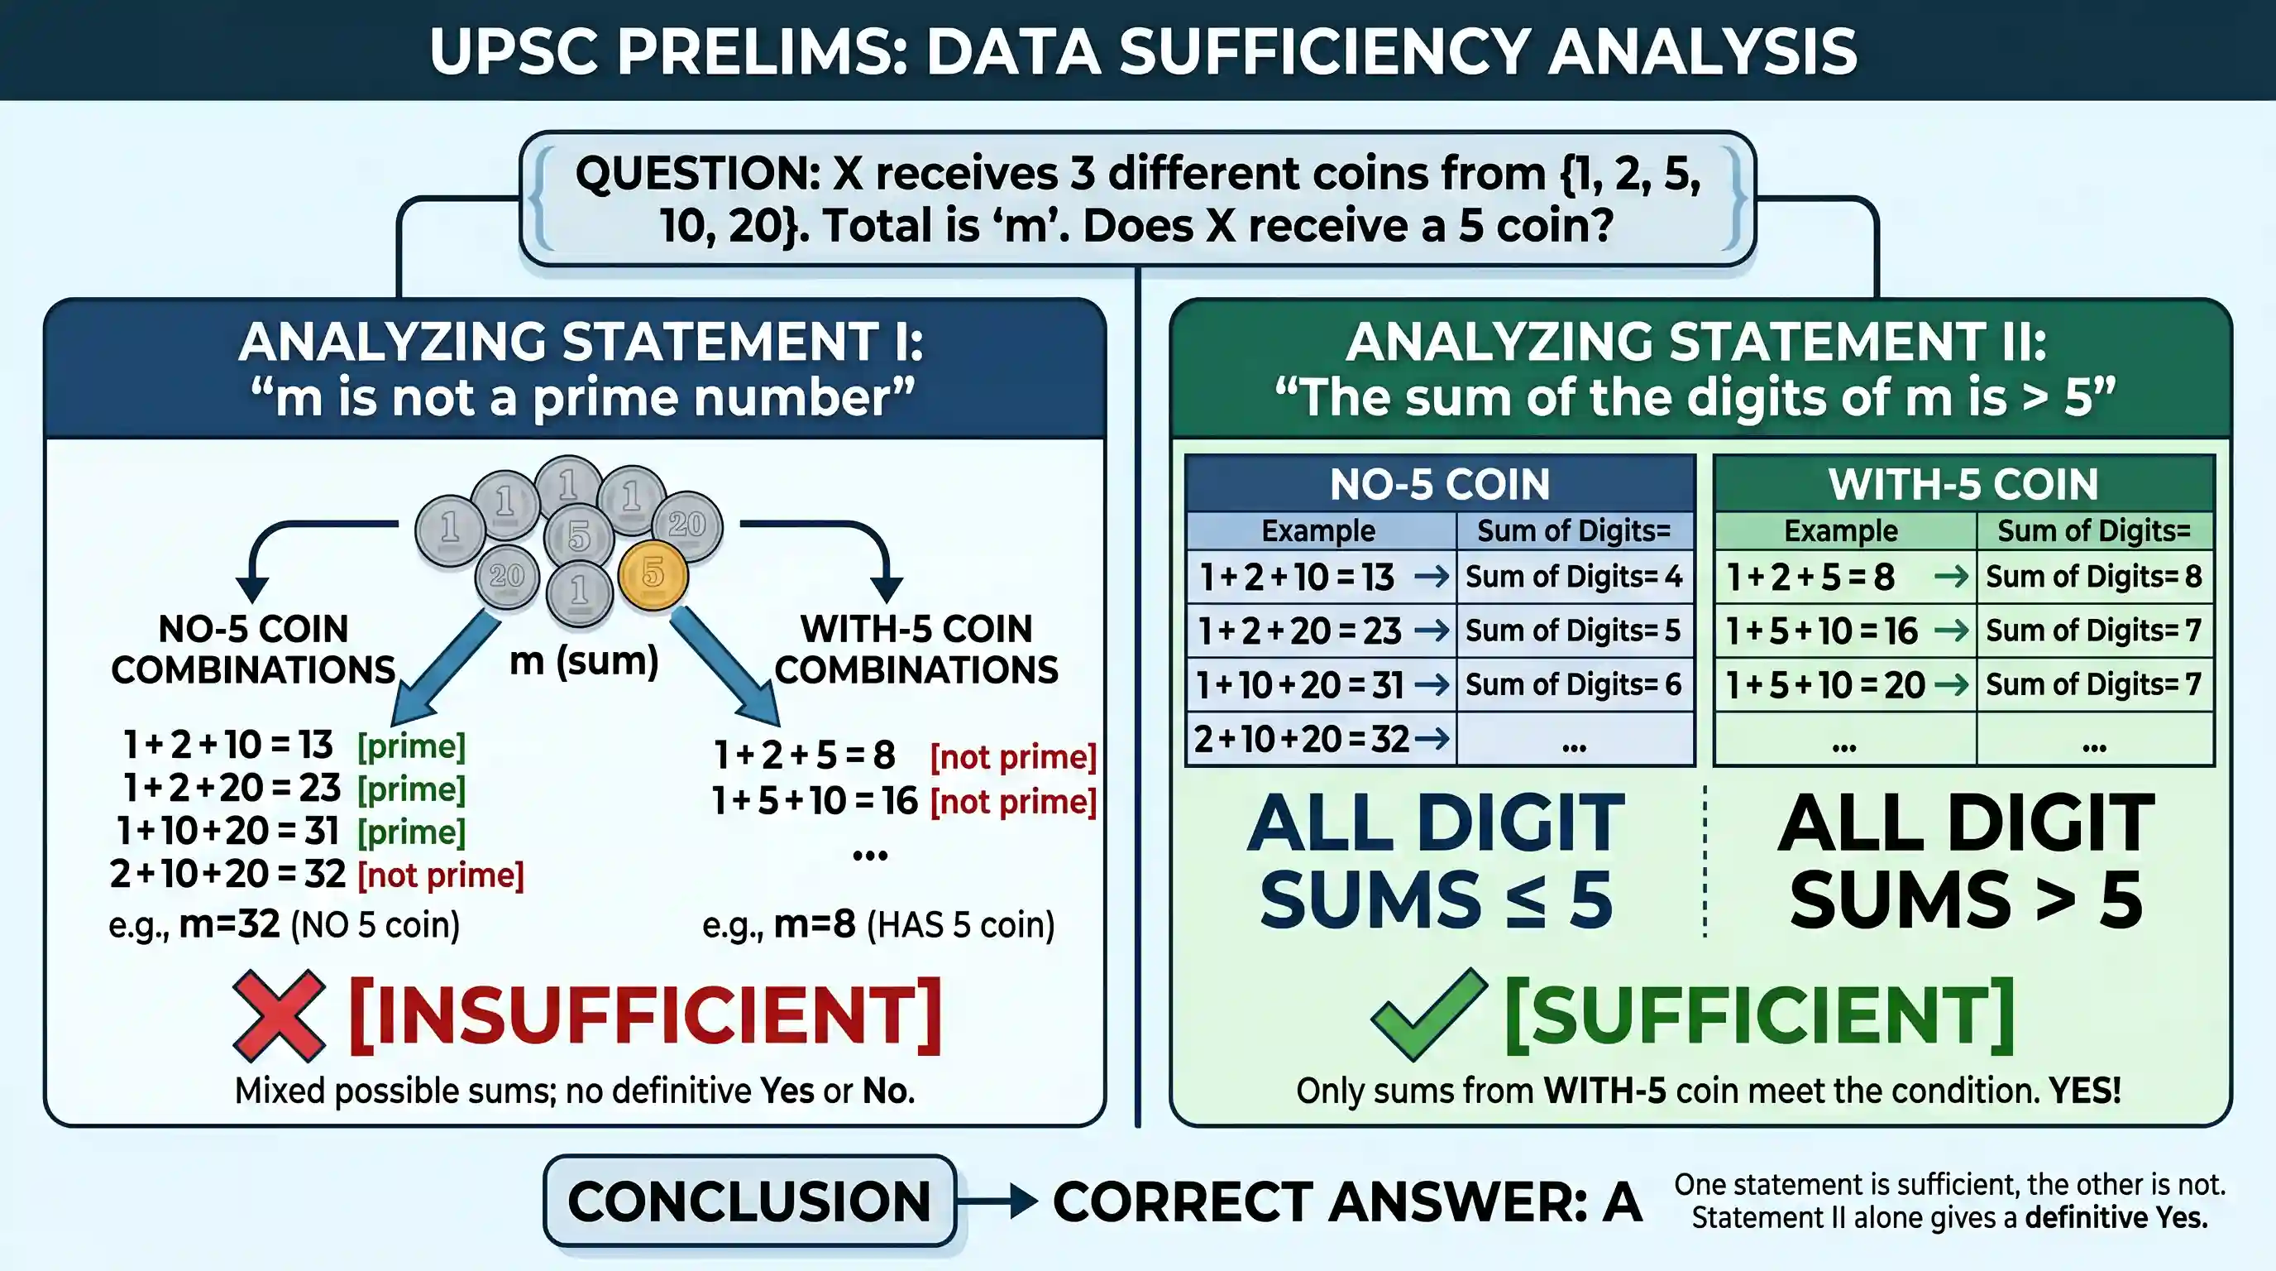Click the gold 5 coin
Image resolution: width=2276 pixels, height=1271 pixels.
click(x=653, y=574)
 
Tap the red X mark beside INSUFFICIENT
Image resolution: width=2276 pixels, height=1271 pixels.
click(x=279, y=1015)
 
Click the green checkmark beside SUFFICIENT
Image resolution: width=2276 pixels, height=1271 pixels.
click(x=1428, y=1014)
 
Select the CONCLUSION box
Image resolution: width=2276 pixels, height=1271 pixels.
click(x=750, y=1201)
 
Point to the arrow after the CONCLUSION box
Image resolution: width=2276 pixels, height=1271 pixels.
click(x=997, y=1201)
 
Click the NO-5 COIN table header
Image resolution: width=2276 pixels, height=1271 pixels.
click(x=1440, y=483)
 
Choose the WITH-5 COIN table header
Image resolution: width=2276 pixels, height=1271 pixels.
click(x=1963, y=483)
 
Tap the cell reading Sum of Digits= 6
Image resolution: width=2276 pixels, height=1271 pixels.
click(x=1575, y=685)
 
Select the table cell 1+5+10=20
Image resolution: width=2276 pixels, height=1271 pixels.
click(x=1846, y=685)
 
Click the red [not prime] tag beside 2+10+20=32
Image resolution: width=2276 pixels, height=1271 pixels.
click(x=441, y=875)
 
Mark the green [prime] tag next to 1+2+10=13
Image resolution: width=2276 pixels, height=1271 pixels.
click(x=411, y=746)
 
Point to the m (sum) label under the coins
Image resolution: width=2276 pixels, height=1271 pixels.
click(x=584, y=660)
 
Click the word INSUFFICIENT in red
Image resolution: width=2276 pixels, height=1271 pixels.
click(x=646, y=1015)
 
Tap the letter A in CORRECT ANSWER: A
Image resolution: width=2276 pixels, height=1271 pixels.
click(x=1621, y=1202)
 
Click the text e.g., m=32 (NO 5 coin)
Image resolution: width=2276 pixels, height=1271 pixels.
click(x=284, y=924)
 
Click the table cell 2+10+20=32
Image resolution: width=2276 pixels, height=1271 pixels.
click(x=1322, y=739)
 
